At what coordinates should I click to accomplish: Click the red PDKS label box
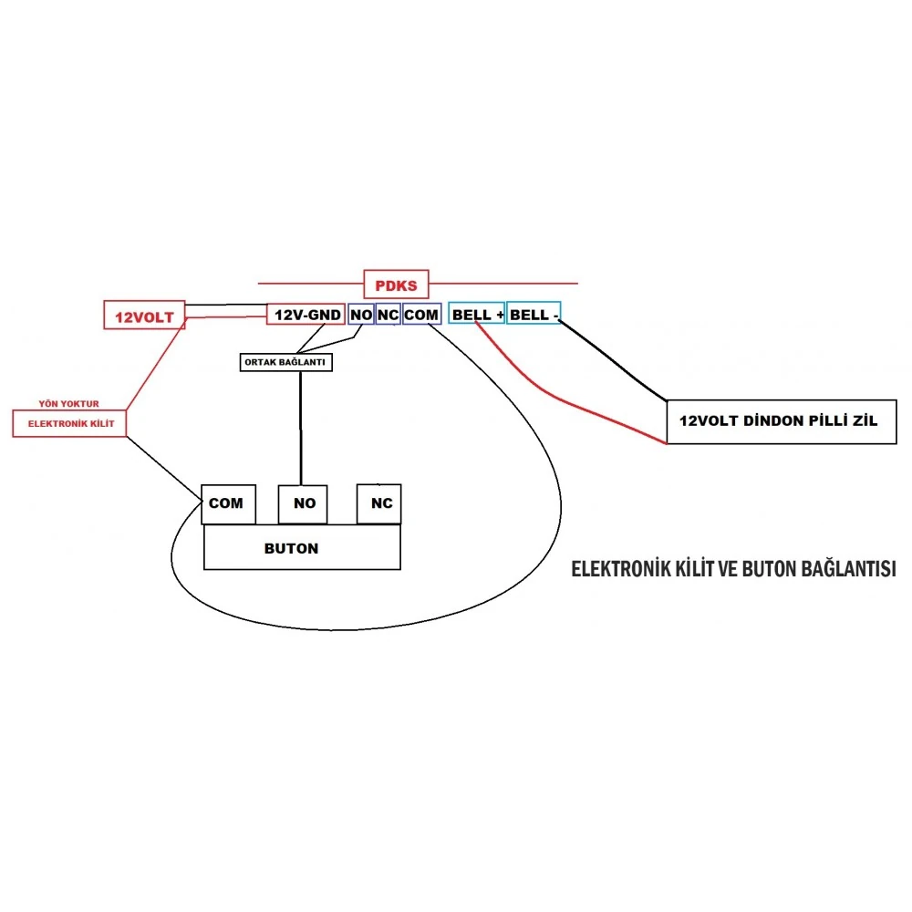click(x=396, y=285)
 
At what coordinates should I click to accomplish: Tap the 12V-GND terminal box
click(x=306, y=315)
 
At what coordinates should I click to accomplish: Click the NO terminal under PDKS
click(x=361, y=315)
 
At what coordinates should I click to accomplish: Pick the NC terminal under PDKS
click(x=389, y=315)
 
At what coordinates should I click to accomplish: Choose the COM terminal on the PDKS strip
click(x=421, y=315)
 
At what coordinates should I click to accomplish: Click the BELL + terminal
click(x=476, y=315)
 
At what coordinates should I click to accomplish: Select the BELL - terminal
click(x=534, y=315)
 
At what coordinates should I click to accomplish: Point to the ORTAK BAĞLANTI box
click(x=285, y=362)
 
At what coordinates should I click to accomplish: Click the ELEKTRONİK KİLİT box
click(x=69, y=423)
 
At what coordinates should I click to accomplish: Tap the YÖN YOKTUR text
click(x=68, y=402)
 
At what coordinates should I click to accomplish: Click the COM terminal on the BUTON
click(x=226, y=503)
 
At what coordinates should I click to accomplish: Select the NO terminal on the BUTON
click(x=303, y=503)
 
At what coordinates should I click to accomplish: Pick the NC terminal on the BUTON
click(x=379, y=503)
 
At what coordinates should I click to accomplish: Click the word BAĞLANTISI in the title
click(x=846, y=569)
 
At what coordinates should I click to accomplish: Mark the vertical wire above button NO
click(x=300, y=429)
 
